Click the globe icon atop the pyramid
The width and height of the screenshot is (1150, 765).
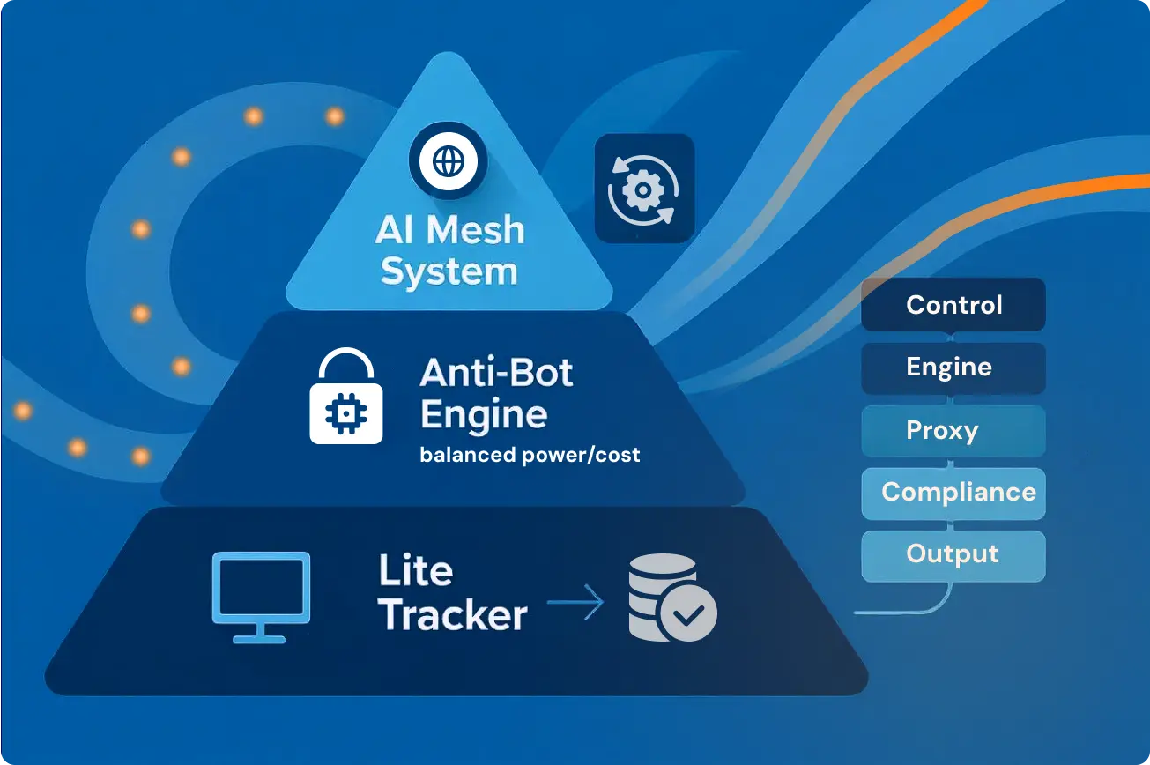tap(448, 162)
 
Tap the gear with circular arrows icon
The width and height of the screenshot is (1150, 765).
tap(644, 189)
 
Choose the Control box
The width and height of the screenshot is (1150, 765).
tap(953, 305)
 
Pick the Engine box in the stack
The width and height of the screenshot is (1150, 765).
tap(953, 368)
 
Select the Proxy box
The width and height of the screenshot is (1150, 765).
tap(953, 431)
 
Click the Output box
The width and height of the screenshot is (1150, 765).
tap(953, 554)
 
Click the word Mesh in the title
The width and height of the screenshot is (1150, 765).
tap(475, 231)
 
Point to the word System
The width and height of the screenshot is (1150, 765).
tap(449, 271)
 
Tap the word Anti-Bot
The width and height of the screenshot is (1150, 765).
tap(496, 374)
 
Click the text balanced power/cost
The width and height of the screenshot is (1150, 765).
tap(530, 456)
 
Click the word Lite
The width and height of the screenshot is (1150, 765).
tap(415, 572)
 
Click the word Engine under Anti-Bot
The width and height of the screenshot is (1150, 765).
tap(483, 414)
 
